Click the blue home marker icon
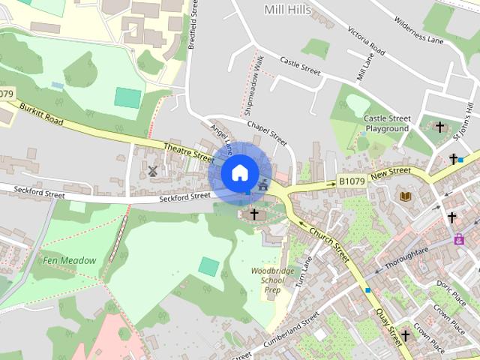click(238, 172)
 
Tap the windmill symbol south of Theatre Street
click(152, 172)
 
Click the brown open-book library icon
click(406, 196)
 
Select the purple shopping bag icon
click(458, 239)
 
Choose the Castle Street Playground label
click(386, 124)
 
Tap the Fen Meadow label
click(70, 260)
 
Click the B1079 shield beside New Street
click(351, 181)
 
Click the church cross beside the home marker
click(254, 214)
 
